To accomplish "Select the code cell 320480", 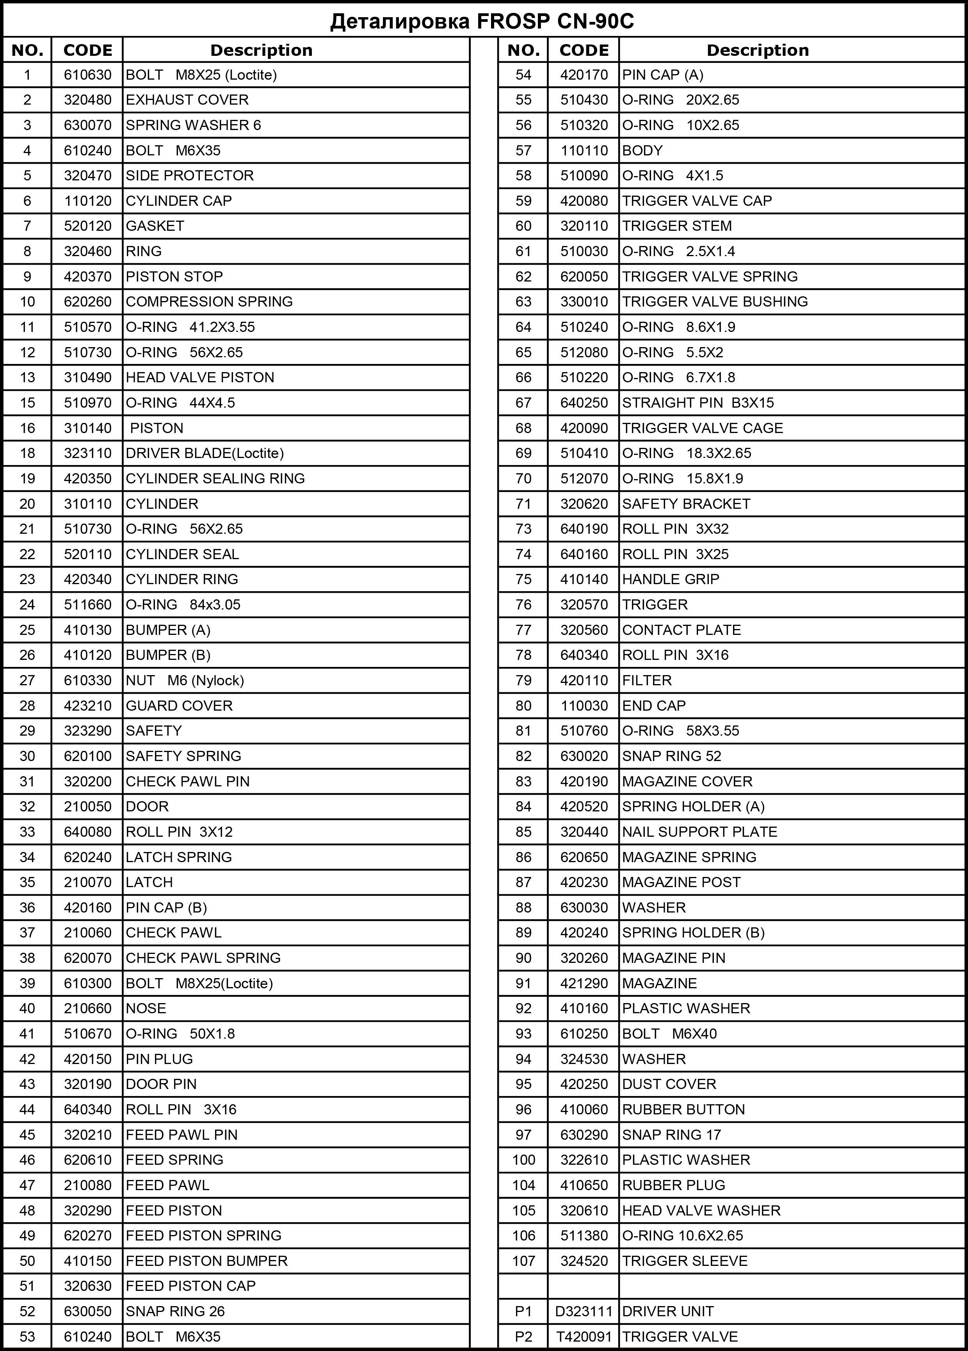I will [x=87, y=100].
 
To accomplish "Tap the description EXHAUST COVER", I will [x=187, y=100].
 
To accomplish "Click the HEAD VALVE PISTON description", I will [x=200, y=378].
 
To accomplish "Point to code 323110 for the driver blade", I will [x=87, y=453].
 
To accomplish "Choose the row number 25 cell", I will [x=27, y=630].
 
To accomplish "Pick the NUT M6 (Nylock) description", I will [x=185, y=680].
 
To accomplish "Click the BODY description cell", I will [x=642, y=151].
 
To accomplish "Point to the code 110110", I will [x=584, y=151].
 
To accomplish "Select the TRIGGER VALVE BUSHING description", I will [x=715, y=302].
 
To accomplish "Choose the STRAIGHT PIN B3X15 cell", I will [x=698, y=403].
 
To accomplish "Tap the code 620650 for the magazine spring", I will [x=584, y=857].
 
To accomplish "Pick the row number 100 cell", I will [x=523, y=1160].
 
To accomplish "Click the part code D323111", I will [x=584, y=1311].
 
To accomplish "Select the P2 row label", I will [x=523, y=1337].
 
